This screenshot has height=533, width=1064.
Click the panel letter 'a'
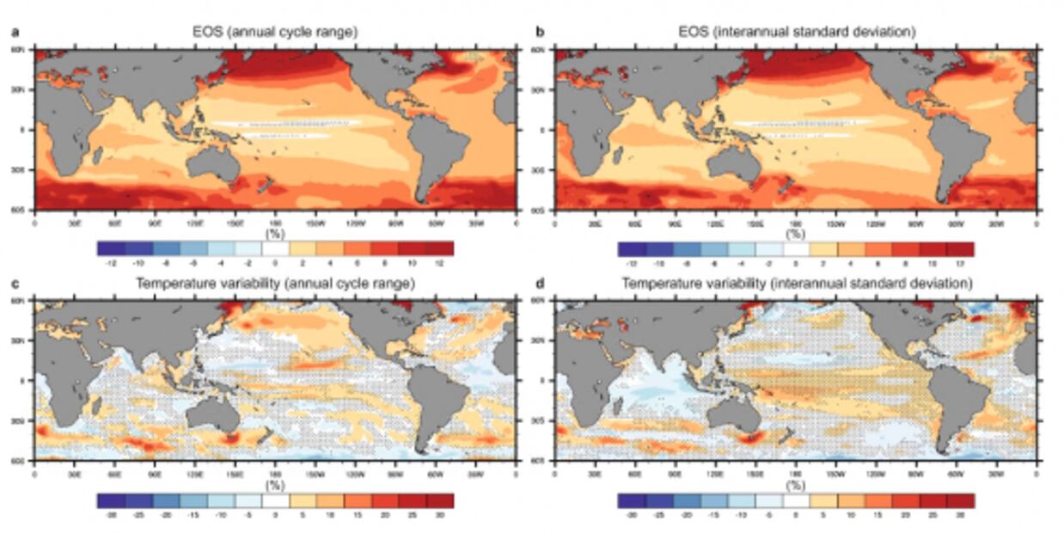pos(13,33)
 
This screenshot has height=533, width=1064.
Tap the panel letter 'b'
pos(540,33)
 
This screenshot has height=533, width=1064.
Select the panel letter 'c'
pos(13,283)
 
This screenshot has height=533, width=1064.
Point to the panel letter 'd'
pos(540,283)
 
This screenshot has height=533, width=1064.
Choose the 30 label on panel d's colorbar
pos(960,513)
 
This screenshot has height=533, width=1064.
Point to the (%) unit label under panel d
pos(796,485)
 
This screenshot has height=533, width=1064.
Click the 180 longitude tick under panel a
pos(275,223)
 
